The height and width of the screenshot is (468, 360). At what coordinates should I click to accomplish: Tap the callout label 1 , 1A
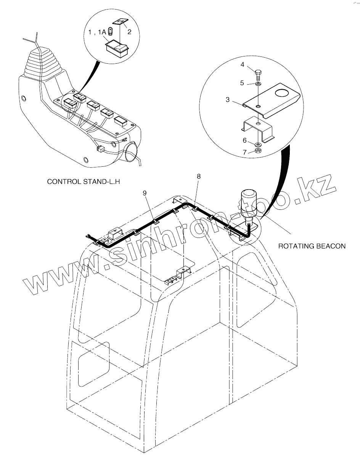(x=97, y=33)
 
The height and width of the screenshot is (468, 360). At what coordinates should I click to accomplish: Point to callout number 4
(x=242, y=65)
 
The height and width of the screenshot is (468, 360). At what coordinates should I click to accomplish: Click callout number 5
(x=242, y=82)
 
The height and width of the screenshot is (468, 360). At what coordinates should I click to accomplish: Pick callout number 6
(x=244, y=140)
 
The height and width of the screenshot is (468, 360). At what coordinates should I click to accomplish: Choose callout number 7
(x=244, y=152)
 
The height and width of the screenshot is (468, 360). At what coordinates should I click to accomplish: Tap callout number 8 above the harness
(x=198, y=176)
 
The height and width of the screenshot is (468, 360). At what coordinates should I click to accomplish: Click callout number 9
(x=145, y=193)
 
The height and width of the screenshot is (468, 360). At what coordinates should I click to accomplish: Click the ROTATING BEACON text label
(x=312, y=246)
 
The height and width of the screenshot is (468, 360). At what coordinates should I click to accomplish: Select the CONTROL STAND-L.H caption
(x=84, y=182)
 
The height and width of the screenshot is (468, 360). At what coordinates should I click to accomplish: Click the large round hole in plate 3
(x=283, y=93)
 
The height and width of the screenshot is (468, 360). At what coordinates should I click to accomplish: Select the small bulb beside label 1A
(x=110, y=32)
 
